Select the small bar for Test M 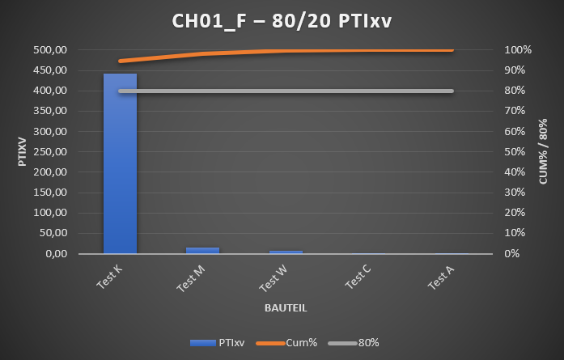(x=202, y=250)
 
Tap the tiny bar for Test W (x=286, y=252)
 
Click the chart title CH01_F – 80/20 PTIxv (x=282, y=21)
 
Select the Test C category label (x=357, y=278)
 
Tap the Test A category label (x=440, y=278)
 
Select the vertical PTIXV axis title (x=22, y=151)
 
